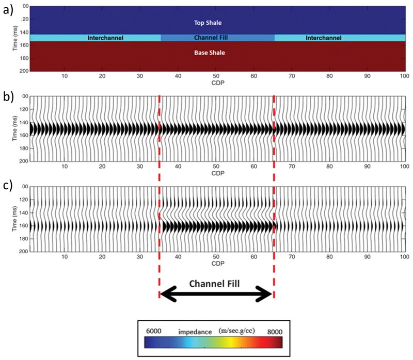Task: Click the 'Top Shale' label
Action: coord(217,22)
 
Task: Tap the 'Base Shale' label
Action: coord(217,53)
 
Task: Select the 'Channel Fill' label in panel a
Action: coord(217,38)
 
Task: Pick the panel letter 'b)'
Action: coord(8,96)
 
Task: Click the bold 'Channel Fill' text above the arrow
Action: coord(217,283)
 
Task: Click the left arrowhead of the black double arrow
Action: coord(163,294)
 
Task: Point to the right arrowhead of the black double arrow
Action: coord(269,294)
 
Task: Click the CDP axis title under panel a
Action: coord(217,83)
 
